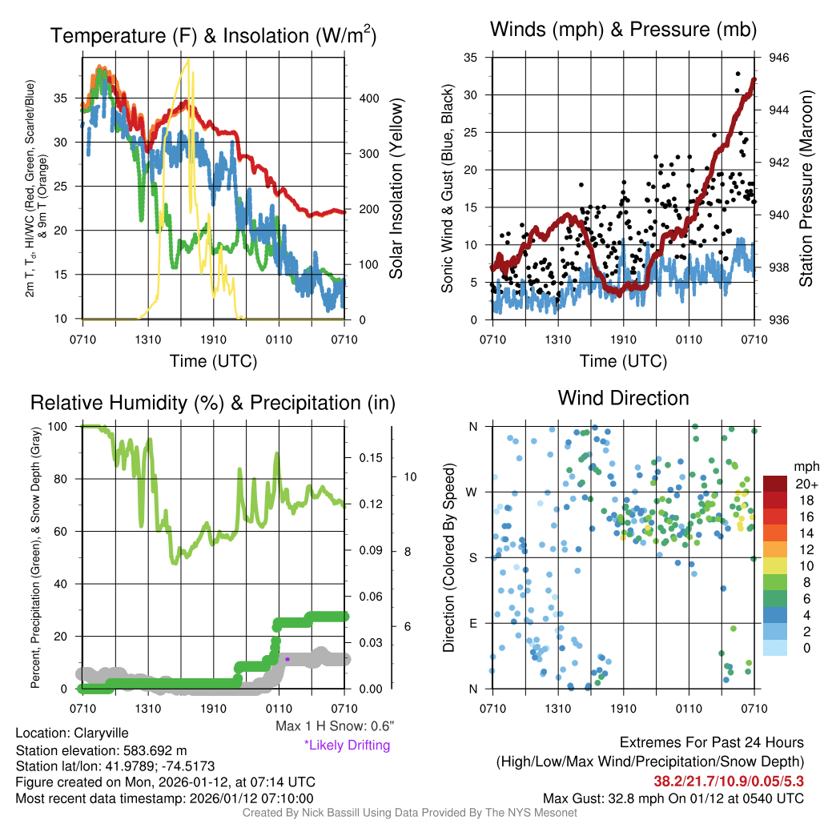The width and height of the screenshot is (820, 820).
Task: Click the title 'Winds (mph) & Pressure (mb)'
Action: pyautogui.click(x=623, y=30)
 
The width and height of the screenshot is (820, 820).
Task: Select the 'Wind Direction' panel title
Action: pyautogui.click(x=623, y=398)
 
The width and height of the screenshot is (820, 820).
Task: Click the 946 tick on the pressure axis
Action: pyautogui.click(x=778, y=58)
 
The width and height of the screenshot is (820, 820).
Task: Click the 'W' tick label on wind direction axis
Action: pyautogui.click(x=472, y=492)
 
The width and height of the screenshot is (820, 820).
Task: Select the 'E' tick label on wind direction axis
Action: pyautogui.click(x=473, y=623)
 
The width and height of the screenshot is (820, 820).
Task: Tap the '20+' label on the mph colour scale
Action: pyautogui.click(x=806, y=484)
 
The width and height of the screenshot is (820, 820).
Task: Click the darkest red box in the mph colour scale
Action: pyautogui.click(x=776, y=484)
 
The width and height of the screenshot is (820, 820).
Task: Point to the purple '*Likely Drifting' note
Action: pyautogui.click(x=347, y=746)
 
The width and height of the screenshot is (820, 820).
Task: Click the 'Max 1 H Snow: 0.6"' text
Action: pyautogui.click(x=334, y=726)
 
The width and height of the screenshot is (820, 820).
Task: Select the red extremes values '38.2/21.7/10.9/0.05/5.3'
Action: pyautogui.click(x=729, y=780)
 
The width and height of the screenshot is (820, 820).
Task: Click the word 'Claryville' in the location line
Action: pyautogui.click(x=101, y=733)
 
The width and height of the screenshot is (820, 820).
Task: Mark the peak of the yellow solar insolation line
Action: pyautogui.click(x=188, y=59)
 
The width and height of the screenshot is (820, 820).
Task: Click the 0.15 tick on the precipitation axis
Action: pyautogui.click(x=369, y=458)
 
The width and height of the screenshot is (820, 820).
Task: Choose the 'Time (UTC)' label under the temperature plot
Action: pyautogui.click(x=214, y=361)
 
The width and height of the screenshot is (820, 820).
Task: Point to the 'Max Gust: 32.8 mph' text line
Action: pyautogui.click(x=673, y=798)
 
